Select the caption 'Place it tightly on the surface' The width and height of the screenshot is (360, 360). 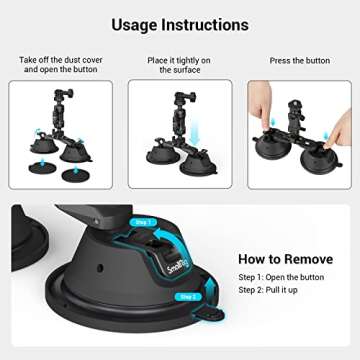tap(180, 66)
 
